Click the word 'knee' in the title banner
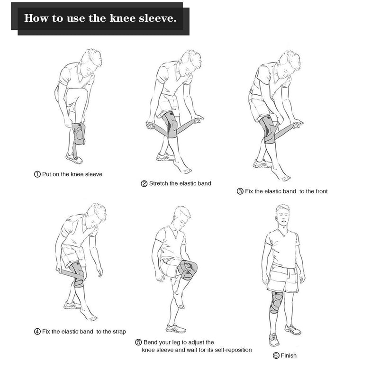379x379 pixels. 123,18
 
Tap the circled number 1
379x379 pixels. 37,174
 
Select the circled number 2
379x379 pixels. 144,184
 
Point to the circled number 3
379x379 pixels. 240,191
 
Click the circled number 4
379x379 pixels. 37,332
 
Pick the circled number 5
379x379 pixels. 138,343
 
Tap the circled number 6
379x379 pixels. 276,356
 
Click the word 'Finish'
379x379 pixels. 289,356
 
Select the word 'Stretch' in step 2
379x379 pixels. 159,183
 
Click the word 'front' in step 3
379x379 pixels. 321,191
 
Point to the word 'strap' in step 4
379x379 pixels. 119,332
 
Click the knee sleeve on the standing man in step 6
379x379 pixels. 276,302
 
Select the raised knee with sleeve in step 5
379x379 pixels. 188,270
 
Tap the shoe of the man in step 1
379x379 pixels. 74,158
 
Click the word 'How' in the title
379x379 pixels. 36,18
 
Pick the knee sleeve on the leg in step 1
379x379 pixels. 79,134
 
